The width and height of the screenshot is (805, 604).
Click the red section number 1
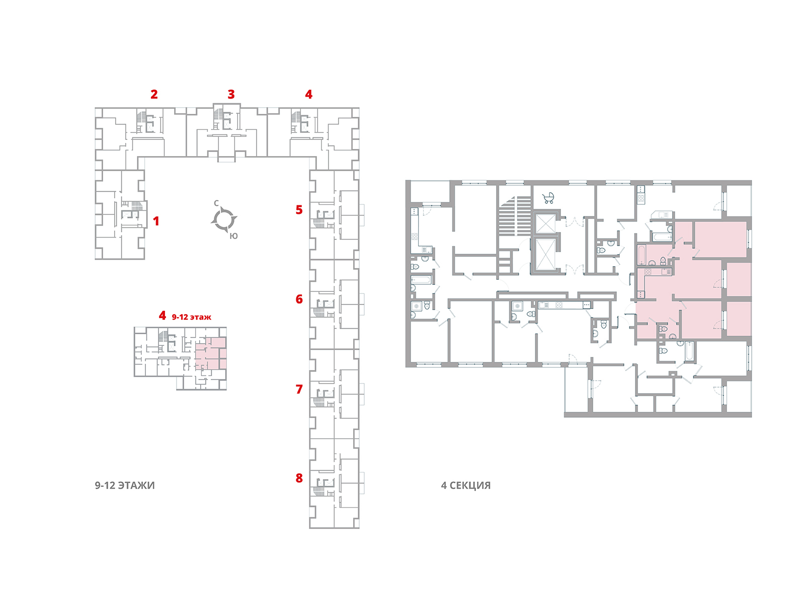pyautogui.click(x=156, y=221)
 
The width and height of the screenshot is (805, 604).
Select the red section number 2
pyautogui.click(x=154, y=94)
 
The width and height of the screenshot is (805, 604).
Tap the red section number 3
pyautogui.click(x=231, y=94)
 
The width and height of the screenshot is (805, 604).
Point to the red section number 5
pyautogui.click(x=299, y=209)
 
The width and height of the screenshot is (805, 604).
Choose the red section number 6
pyautogui.click(x=299, y=299)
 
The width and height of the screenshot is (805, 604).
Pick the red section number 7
pyautogui.click(x=299, y=389)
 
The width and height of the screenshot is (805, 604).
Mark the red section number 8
pyautogui.click(x=299, y=478)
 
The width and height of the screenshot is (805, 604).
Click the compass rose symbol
pyautogui.click(x=224, y=219)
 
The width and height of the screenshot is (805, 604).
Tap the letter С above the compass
pyautogui.click(x=216, y=203)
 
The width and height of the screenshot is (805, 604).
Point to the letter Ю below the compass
pyautogui.click(x=233, y=236)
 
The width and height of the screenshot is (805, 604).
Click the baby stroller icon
pyautogui.click(x=548, y=198)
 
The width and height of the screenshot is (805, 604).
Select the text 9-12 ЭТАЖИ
pyautogui.click(x=125, y=485)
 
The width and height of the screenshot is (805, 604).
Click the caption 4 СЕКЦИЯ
pyautogui.click(x=465, y=485)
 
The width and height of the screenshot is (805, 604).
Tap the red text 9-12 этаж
pyautogui.click(x=192, y=317)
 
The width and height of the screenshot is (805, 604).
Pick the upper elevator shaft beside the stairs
pyautogui.click(x=545, y=223)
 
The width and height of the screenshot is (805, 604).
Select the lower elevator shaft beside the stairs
pyautogui.click(x=545, y=255)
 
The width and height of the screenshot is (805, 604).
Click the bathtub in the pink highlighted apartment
pyautogui.click(x=641, y=255)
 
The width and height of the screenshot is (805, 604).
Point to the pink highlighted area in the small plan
pyautogui.click(x=210, y=353)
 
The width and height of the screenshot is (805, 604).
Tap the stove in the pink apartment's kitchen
pyautogui.click(x=648, y=272)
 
